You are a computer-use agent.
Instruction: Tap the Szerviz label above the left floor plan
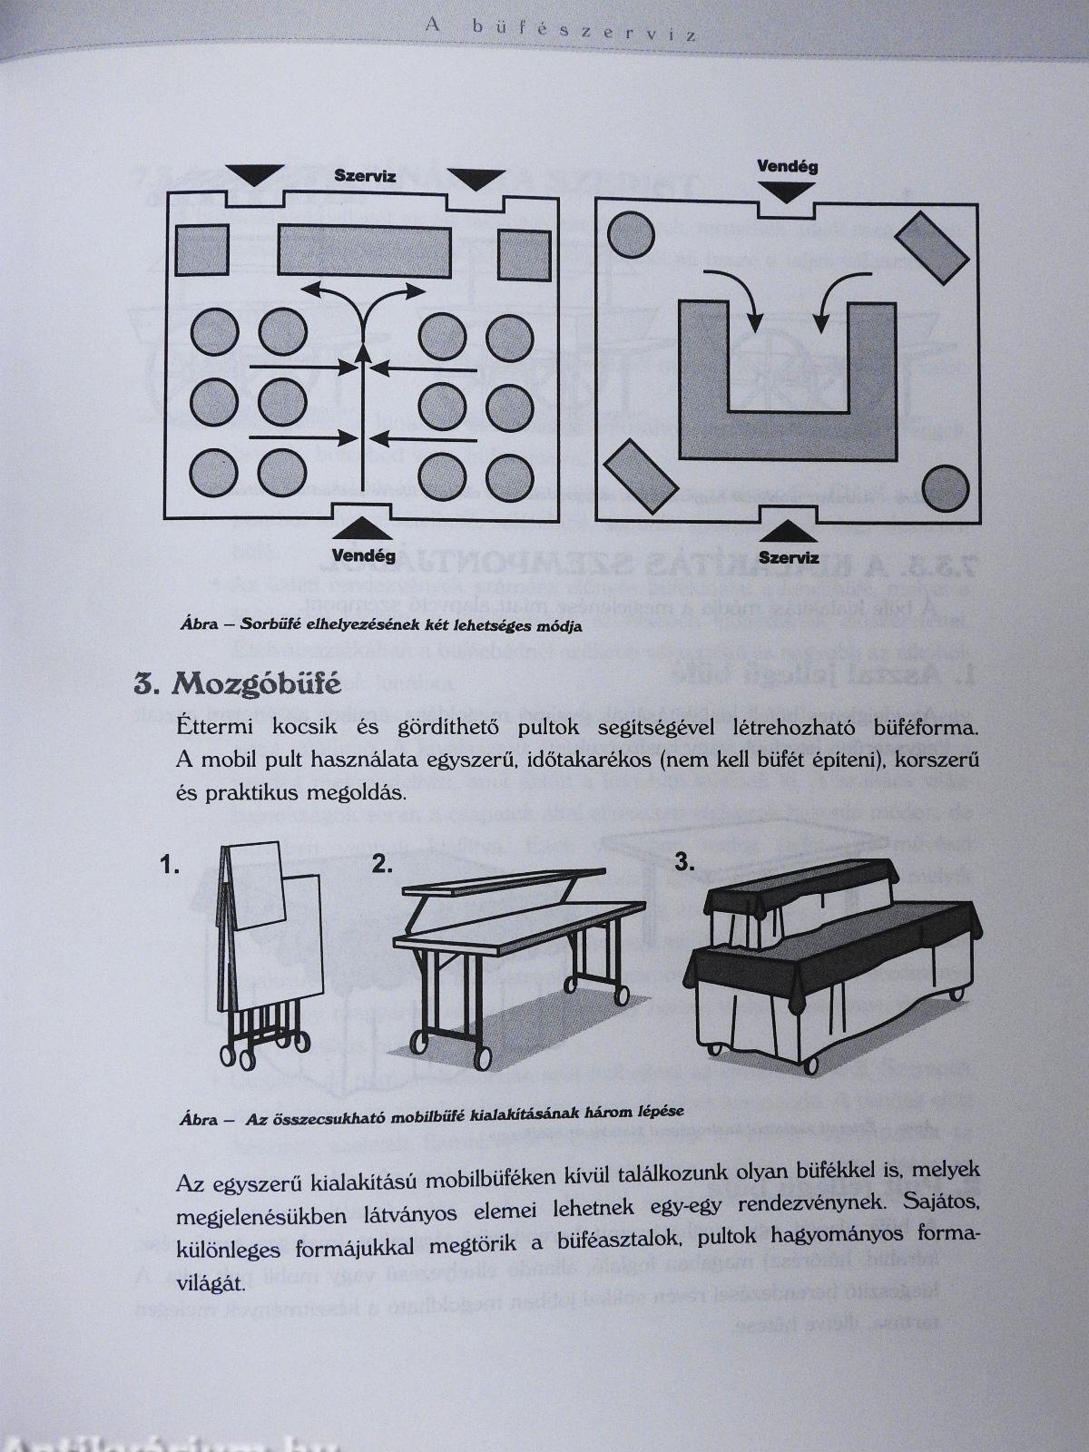click(364, 176)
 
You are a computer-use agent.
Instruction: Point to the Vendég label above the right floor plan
click(787, 167)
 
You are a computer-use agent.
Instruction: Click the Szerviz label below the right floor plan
click(788, 557)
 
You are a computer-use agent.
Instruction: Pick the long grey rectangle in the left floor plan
click(364, 250)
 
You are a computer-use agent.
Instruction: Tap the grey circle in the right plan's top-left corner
click(632, 234)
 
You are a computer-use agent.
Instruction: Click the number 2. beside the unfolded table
click(382, 864)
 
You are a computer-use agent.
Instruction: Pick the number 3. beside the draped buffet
click(685, 863)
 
